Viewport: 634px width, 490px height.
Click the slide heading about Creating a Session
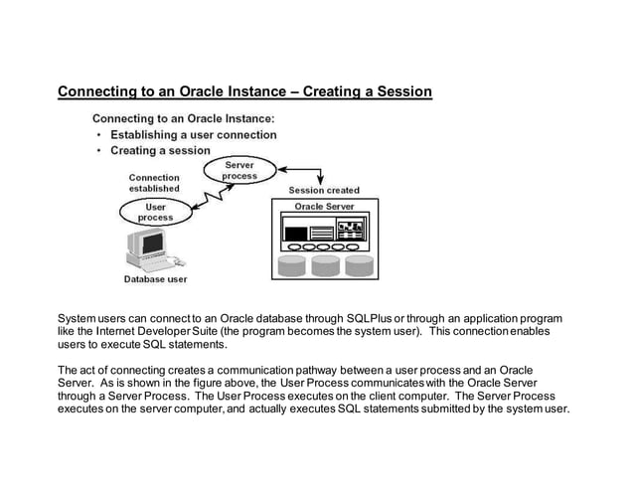(244, 92)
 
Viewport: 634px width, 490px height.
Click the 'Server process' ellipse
(238, 170)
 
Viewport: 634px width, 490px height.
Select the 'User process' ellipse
(155, 212)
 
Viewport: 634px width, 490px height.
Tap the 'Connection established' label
(154, 183)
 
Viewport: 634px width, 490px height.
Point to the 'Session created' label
(324, 190)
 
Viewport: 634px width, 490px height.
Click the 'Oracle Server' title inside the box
(324, 206)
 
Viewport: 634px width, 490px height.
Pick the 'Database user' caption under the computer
(155, 279)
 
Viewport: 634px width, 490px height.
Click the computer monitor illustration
(153, 245)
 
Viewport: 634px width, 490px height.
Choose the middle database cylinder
(325, 265)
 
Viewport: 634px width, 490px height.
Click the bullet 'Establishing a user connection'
(194, 134)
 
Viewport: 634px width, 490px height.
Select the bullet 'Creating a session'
(160, 150)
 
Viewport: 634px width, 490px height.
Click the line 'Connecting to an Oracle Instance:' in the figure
(183, 118)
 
